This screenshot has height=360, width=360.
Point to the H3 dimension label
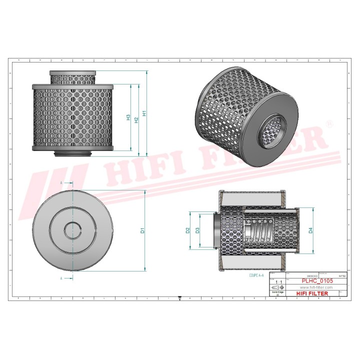pyautogui.click(x=128, y=118)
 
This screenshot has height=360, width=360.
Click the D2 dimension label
pyautogui.click(x=188, y=230)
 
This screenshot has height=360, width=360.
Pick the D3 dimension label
pyautogui.click(x=198, y=230)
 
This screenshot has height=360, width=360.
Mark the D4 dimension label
pyautogui.click(x=310, y=230)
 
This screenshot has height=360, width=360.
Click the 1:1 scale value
pyautogui.click(x=278, y=282)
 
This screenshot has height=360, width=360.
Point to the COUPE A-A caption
pyautogui.click(x=257, y=275)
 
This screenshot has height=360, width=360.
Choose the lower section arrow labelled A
pyautogui.click(x=68, y=277)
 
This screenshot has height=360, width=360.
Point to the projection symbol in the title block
pyautogui.click(x=276, y=288)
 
